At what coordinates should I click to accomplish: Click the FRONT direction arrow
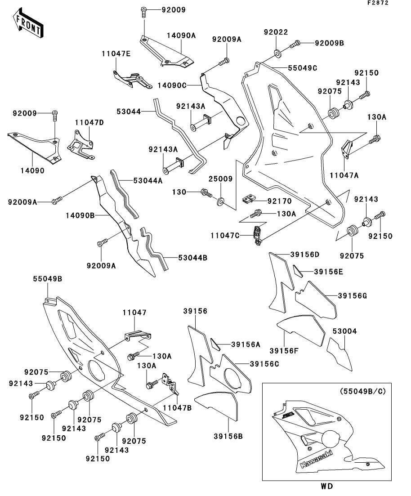click(x=28, y=23)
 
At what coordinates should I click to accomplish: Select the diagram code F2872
click(x=378, y=3)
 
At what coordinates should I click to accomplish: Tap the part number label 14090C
click(x=172, y=85)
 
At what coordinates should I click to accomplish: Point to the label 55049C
click(x=302, y=68)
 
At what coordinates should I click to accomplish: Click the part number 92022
click(x=276, y=32)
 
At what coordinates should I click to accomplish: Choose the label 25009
click(x=220, y=179)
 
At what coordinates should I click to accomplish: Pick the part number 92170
click(x=280, y=201)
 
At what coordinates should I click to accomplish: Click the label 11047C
click(x=225, y=236)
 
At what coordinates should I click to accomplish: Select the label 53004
click(x=344, y=331)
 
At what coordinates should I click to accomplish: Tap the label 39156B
click(x=228, y=436)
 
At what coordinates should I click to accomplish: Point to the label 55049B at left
click(x=48, y=279)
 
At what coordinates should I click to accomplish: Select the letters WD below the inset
click(x=327, y=486)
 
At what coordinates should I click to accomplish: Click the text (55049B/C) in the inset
click(x=363, y=391)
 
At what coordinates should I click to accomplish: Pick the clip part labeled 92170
click(x=249, y=199)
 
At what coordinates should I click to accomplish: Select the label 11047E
click(x=116, y=54)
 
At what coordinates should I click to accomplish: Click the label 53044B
click(x=193, y=258)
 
